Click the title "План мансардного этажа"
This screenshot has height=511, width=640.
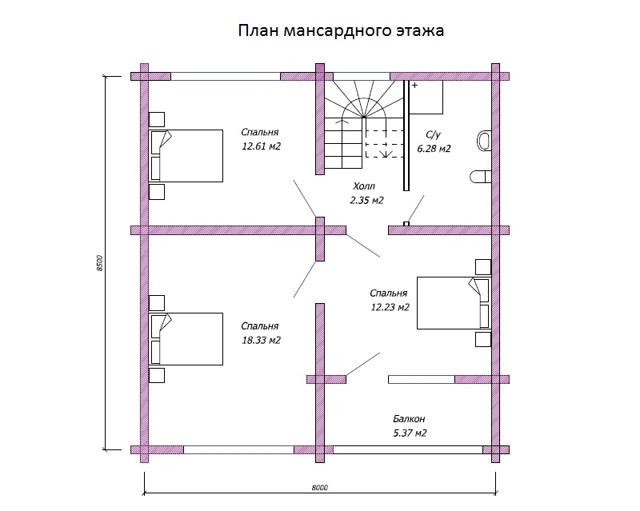pyautogui.click(x=340, y=31)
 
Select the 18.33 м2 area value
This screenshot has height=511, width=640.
pyautogui.click(x=261, y=340)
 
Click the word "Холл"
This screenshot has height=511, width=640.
pyautogui.click(x=362, y=186)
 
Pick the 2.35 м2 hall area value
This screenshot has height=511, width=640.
pyautogui.click(x=366, y=200)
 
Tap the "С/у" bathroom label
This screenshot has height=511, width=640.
pyautogui.click(x=433, y=135)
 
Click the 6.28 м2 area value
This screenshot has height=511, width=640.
pyautogui.click(x=434, y=149)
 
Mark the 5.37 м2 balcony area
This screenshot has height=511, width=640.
pyautogui.click(x=410, y=433)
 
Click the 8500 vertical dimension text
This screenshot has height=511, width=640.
pyautogui.click(x=100, y=263)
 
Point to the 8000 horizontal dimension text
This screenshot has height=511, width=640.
pyautogui.click(x=320, y=487)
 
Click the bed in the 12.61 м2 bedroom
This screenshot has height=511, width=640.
pyautogui.click(x=186, y=155)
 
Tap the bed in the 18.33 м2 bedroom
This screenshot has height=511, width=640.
pyautogui.click(x=186, y=339)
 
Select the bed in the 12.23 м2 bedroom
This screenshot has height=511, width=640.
pyautogui.click(x=453, y=303)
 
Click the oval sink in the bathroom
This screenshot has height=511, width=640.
pyautogui.click(x=482, y=141)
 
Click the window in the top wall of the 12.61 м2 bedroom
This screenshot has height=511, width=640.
pyautogui.click(x=226, y=77)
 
